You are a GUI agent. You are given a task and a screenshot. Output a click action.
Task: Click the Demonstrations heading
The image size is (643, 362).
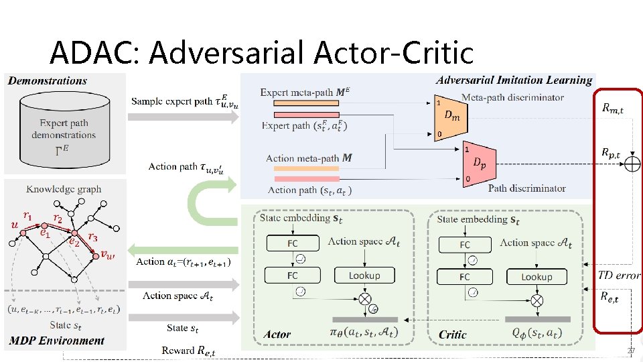48,81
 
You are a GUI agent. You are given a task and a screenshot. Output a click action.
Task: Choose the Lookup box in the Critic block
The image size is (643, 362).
537,276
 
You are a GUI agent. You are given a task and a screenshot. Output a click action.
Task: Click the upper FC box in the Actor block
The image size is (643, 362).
293,243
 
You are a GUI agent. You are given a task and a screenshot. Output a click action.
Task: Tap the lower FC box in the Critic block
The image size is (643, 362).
465,276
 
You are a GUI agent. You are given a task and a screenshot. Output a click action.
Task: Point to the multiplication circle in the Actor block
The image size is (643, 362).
364,298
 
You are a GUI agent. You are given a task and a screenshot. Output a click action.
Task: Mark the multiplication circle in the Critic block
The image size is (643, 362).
537,299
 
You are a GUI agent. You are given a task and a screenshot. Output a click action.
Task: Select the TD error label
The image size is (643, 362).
620,275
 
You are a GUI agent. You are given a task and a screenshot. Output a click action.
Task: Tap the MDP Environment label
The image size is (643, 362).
57,341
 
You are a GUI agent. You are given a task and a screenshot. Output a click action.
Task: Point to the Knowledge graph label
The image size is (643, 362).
64,189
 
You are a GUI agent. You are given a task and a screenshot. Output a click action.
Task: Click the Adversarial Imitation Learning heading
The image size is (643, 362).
514,80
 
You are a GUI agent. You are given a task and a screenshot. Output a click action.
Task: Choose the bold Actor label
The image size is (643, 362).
277,334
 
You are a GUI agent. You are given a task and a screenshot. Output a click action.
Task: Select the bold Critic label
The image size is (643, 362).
453,334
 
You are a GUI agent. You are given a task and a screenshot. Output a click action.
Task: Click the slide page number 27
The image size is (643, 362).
631,351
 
